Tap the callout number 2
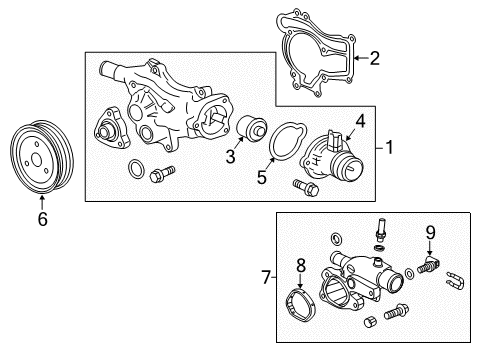click(x=374, y=59)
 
